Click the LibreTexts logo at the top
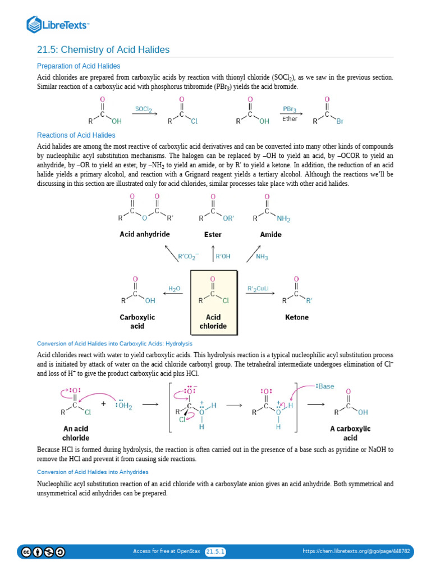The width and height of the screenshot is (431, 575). (58, 24)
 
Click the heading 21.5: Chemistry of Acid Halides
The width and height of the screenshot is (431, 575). (103, 50)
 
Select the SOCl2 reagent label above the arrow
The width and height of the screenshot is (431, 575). (144, 109)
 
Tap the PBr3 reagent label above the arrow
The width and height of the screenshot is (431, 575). (290, 109)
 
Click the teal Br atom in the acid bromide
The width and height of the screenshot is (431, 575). (340, 121)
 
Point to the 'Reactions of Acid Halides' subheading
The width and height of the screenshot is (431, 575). (76, 135)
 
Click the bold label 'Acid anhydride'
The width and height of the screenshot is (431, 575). (144, 234)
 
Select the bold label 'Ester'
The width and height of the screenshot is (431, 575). (213, 234)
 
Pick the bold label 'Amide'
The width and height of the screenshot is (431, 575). (270, 234)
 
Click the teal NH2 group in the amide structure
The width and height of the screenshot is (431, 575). (284, 219)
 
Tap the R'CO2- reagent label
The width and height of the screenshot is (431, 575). (189, 257)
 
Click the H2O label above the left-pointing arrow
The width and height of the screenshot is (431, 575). (175, 289)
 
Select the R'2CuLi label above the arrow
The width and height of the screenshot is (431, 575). (258, 289)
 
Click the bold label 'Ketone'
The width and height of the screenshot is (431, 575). (297, 317)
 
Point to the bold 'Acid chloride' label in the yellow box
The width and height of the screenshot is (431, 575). (213, 321)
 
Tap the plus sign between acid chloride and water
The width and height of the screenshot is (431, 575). (103, 403)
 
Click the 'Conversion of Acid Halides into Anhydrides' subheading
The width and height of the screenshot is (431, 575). (93, 472)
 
